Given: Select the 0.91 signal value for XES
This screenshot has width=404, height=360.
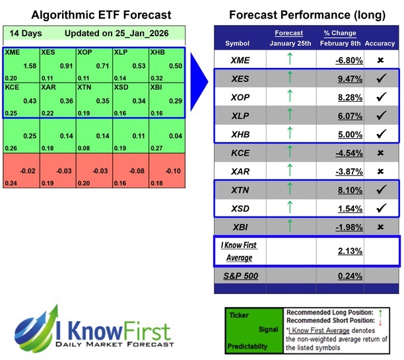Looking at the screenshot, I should tap(67, 65).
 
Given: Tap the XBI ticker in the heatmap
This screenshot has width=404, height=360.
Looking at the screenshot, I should tap(158, 87).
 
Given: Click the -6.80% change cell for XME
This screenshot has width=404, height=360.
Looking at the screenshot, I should tap(348, 59).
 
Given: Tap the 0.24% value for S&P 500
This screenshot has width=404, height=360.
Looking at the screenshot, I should tap(349, 277).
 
